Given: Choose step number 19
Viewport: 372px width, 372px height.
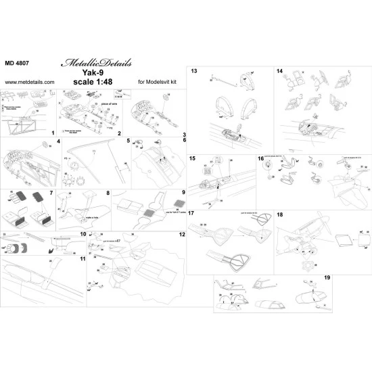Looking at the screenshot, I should tap(364, 277).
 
